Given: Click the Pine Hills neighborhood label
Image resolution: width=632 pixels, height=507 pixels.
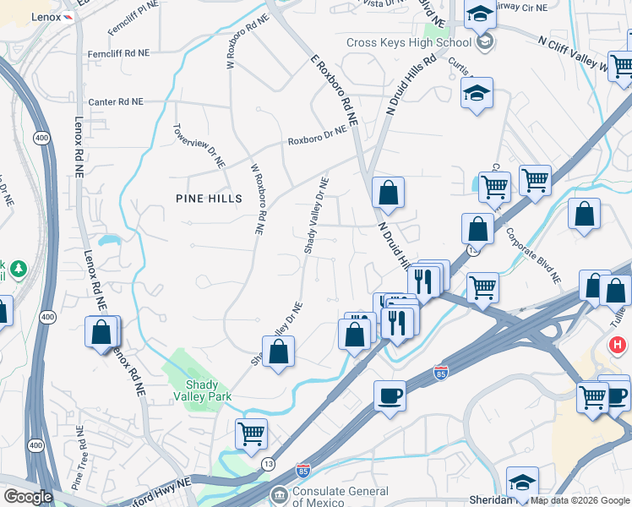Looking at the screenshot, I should coord(209,199).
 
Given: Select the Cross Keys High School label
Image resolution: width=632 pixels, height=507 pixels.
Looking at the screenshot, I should coord(408,43).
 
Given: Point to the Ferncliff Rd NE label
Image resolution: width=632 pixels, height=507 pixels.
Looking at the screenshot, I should coord(118,53).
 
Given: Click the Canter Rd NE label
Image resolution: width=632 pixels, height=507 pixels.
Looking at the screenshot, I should coord(116,101).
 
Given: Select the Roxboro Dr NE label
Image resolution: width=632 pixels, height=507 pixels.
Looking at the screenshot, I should coord(317,137).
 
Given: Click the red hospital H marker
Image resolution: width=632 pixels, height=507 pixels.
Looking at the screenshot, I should coord(618,346).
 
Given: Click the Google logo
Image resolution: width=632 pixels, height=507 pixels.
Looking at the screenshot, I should coord(27,497).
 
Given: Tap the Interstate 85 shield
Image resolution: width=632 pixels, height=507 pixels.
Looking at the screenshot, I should coord(303,470).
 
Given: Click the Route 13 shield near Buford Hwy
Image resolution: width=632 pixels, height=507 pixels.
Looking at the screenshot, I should coord(268,463).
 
